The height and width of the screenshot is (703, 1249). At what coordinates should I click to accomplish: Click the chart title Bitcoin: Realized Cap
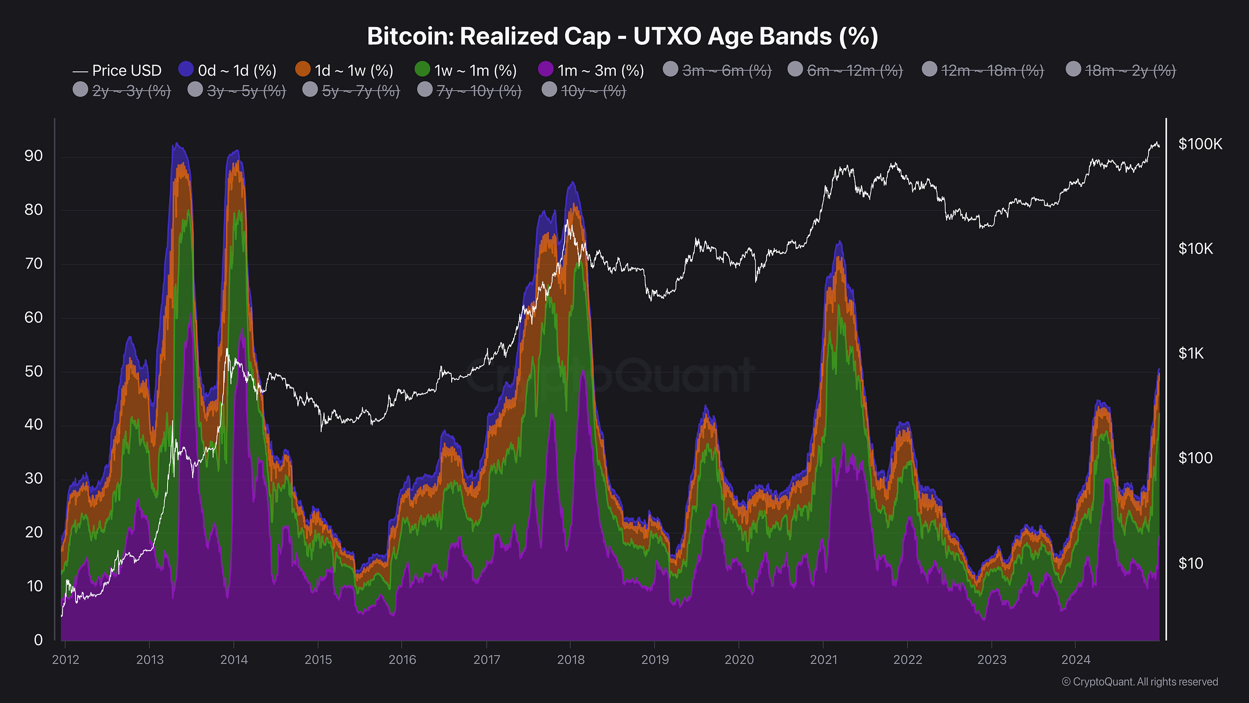point(622,36)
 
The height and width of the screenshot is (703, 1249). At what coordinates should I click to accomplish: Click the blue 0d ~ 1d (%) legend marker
point(186,69)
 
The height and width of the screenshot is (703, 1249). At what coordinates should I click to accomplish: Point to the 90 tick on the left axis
point(34,156)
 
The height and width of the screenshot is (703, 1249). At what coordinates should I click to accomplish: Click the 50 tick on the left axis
point(34,371)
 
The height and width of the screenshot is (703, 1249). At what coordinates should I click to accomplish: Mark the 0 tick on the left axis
point(38,640)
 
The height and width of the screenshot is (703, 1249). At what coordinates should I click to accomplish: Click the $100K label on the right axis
point(1200,144)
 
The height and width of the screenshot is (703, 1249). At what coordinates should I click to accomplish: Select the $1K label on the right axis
point(1191,354)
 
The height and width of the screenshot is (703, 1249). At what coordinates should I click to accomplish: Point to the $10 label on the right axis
point(1190,563)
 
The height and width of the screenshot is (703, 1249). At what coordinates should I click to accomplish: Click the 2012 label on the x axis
point(66,660)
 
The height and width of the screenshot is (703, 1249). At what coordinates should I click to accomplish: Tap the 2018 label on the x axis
point(570,660)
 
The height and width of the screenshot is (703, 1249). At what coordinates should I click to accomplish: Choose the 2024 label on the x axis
point(1075,660)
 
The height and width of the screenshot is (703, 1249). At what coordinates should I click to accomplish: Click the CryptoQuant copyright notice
point(1140,682)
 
